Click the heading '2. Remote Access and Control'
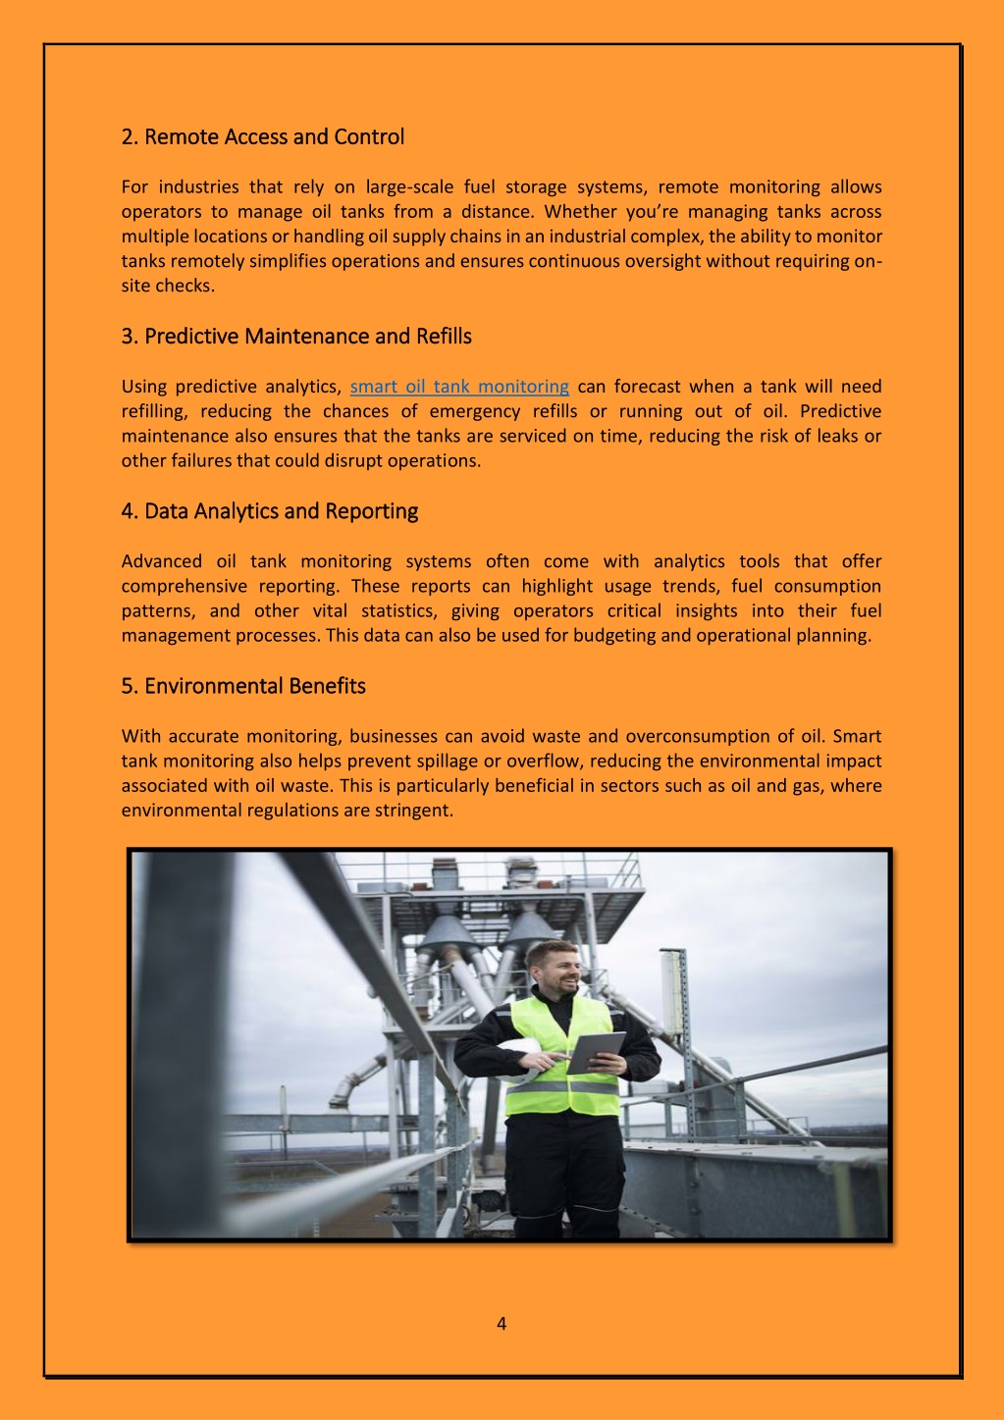point(262,136)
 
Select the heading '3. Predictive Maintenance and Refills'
point(296,337)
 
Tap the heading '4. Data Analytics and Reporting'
point(269,511)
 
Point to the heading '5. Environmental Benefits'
point(243,686)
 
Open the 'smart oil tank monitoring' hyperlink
point(459,387)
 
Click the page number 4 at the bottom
point(502,1324)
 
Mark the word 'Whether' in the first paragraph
point(580,212)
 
